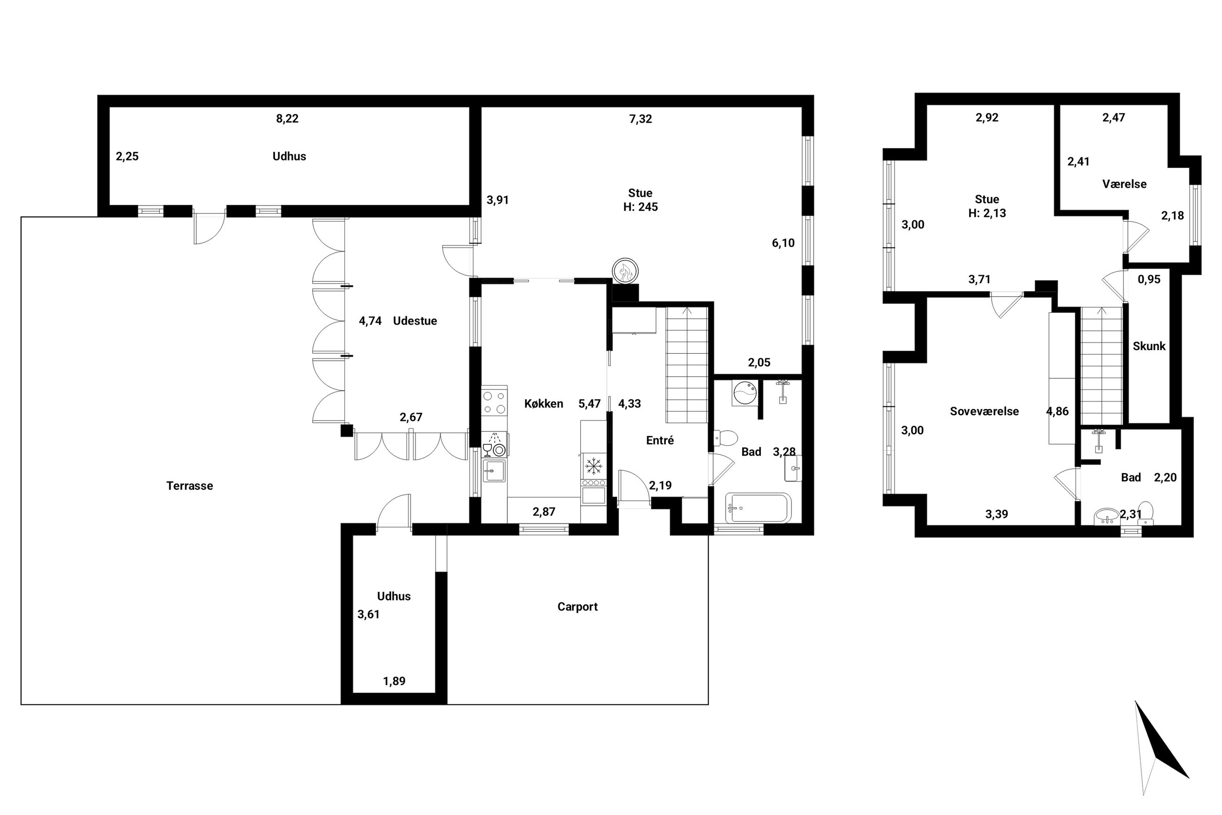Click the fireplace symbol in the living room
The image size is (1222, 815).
coord(625,271)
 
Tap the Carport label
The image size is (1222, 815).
coord(577,607)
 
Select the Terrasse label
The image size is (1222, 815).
coord(189,485)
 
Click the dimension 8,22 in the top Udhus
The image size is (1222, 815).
coord(287,119)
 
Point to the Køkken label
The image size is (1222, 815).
coord(543,404)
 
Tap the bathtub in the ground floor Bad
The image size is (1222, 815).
coord(759,508)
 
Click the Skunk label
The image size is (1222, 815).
coord(1149,346)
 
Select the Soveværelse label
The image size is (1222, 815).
coord(984,411)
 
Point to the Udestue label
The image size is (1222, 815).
coord(415,321)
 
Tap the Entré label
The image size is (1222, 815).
coord(659,440)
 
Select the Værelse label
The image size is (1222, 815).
coord(1124,184)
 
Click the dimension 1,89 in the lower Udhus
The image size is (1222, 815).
coord(394,681)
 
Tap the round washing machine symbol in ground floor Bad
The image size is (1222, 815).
coord(745,394)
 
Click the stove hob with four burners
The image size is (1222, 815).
coord(494,401)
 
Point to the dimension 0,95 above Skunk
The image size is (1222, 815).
coord(1149,280)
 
